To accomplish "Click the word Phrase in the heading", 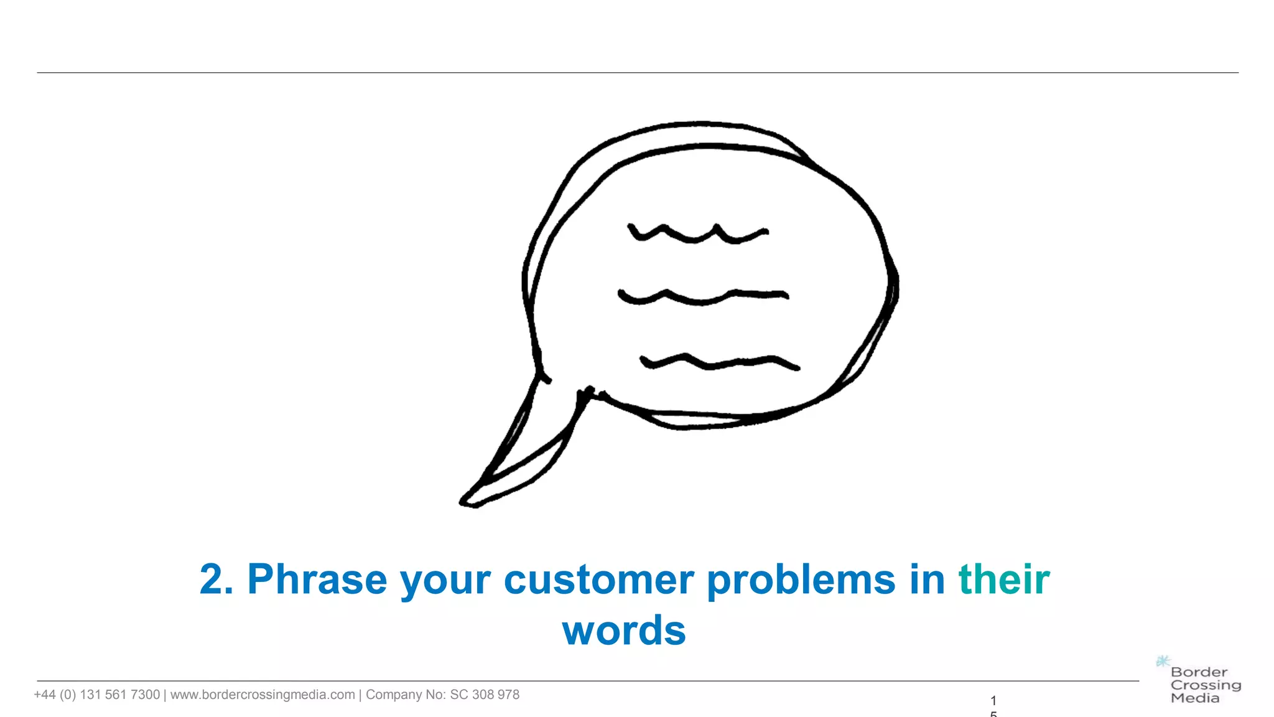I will coord(317,580).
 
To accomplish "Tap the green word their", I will coord(1003,580).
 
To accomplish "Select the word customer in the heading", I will coord(598,580).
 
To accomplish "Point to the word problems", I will coord(801,580).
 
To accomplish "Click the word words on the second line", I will coord(624,631).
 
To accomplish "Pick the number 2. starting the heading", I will coord(216,580).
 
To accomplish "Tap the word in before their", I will coord(927,580).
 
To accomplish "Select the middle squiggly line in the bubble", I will coord(703,297).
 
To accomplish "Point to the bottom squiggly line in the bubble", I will coord(719,362).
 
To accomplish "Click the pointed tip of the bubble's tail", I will coord(464,502).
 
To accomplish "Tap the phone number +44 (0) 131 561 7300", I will coord(97,695).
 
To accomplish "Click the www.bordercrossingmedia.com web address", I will coord(263,695).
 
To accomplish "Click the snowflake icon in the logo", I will coord(1163,661).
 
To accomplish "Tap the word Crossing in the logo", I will coord(1206,685).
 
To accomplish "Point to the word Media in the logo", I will coord(1194,698).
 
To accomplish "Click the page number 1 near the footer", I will coord(993,700).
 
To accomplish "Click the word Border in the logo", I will coord(1199,672).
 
